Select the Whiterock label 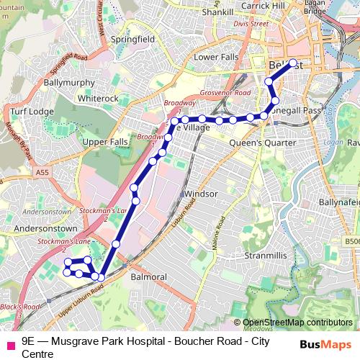pyautogui.click(x=97, y=98)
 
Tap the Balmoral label pyautogui.click(x=150, y=276)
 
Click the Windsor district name pyautogui.click(x=200, y=194)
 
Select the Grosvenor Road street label pyautogui.click(x=225, y=93)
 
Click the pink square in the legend pyautogui.click(x=10, y=345)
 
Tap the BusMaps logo pyautogui.click(x=326, y=345)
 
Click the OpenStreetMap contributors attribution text pyautogui.click(x=297, y=322)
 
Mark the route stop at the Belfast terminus pyautogui.click(x=292, y=63)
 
